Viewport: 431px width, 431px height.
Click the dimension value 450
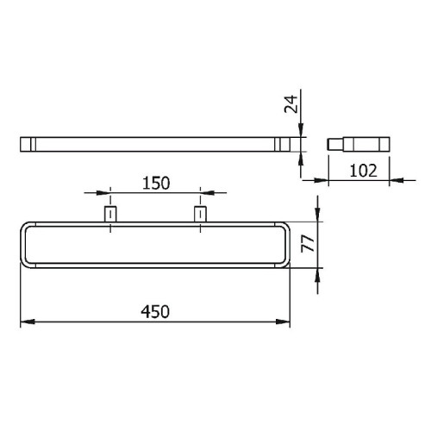click(155, 311)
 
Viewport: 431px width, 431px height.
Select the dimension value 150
click(156, 183)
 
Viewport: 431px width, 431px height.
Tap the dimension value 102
click(363, 171)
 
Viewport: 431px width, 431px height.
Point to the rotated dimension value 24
click(290, 104)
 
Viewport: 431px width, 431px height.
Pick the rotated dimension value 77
click(308, 244)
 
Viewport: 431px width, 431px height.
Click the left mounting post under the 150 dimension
click(110, 214)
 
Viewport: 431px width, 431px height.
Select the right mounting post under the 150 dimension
click(200, 214)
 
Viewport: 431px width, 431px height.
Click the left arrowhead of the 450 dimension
click(28, 322)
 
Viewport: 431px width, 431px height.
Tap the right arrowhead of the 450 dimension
click(283, 322)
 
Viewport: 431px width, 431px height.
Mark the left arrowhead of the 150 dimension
click(103, 193)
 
